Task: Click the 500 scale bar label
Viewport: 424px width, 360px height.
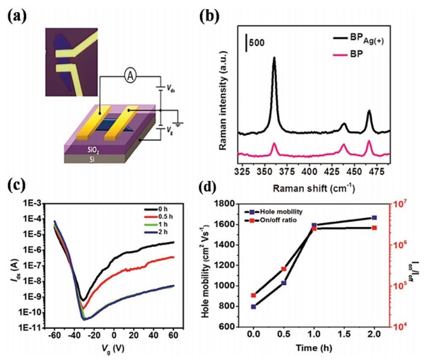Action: (258, 42)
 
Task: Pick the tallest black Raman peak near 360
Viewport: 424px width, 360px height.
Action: (274, 59)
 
